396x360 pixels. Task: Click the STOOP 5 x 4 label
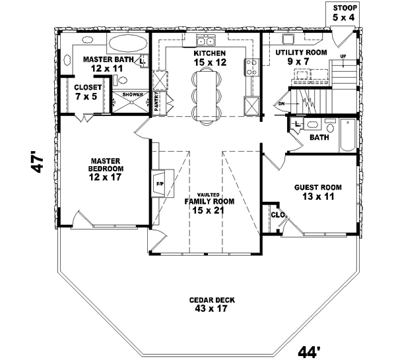tap(345, 13)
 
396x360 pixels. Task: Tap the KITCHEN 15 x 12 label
tap(210, 57)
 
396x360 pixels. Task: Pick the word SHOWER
tap(131, 95)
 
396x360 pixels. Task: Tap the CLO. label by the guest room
tap(277, 214)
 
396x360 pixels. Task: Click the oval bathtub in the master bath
tap(127, 44)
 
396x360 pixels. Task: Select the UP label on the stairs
tap(343, 56)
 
